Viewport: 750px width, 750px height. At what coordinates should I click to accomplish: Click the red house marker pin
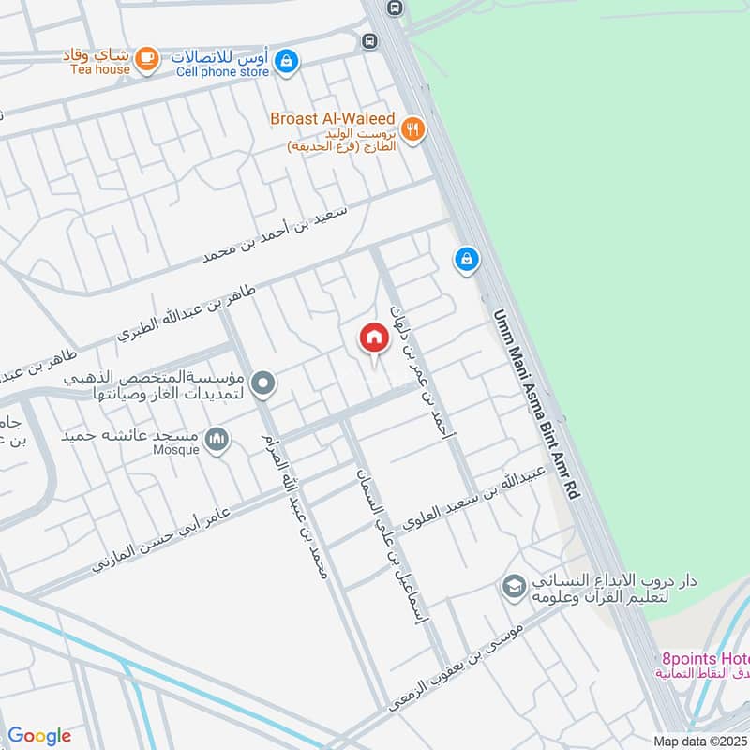tap(374, 338)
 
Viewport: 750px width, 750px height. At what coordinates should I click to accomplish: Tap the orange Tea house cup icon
tap(146, 59)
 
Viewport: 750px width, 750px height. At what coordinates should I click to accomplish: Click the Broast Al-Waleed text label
tap(332, 119)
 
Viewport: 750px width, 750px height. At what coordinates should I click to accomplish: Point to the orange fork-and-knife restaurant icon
tap(412, 129)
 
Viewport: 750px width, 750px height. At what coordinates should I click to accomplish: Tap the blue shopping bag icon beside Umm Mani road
tap(466, 260)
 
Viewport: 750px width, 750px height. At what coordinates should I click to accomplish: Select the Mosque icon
tap(217, 439)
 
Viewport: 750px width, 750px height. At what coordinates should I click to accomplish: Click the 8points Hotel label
tap(703, 658)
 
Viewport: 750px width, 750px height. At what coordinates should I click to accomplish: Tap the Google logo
tap(39, 736)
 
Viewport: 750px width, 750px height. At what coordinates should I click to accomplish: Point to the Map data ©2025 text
tap(700, 741)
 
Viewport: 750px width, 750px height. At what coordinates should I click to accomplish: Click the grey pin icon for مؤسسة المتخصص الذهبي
tap(264, 382)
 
